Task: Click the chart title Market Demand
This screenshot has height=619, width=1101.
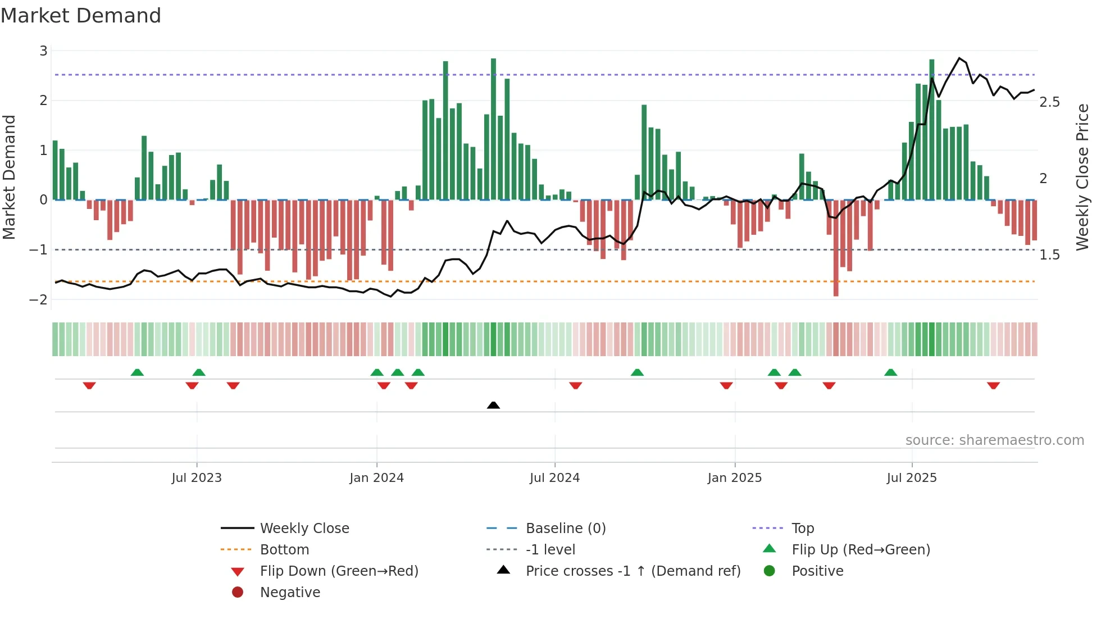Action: click(81, 16)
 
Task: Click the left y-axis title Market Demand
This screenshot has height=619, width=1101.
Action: click(10, 177)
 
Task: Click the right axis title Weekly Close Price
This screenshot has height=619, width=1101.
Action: click(1082, 177)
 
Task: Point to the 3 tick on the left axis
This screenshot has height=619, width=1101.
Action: click(43, 51)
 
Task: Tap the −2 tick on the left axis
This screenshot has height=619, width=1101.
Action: click(39, 299)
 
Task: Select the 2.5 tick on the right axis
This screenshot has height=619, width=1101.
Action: click(1049, 102)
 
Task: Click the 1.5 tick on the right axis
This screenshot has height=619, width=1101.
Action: click(1049, 255)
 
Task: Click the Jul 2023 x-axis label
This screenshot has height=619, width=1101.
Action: click(197, 478)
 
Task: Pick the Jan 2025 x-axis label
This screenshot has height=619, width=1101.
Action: click(734, 478)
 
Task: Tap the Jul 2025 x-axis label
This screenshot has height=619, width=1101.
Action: click(912, 478)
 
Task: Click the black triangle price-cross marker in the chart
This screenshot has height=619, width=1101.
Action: click(493, 405)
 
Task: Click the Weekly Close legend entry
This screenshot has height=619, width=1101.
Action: click(304, 529)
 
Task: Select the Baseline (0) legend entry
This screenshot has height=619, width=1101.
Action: click(565, 529)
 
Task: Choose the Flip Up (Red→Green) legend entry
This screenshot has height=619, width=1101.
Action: click(861, 550)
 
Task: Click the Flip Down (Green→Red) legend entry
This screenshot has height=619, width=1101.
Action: click(339, 571)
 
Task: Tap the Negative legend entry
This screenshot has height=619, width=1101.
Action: click(290, 593)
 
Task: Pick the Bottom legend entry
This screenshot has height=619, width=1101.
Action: click(284, 550)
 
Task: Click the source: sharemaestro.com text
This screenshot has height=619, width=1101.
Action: click(994, 440)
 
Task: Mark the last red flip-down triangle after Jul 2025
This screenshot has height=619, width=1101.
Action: click(993, 385)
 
